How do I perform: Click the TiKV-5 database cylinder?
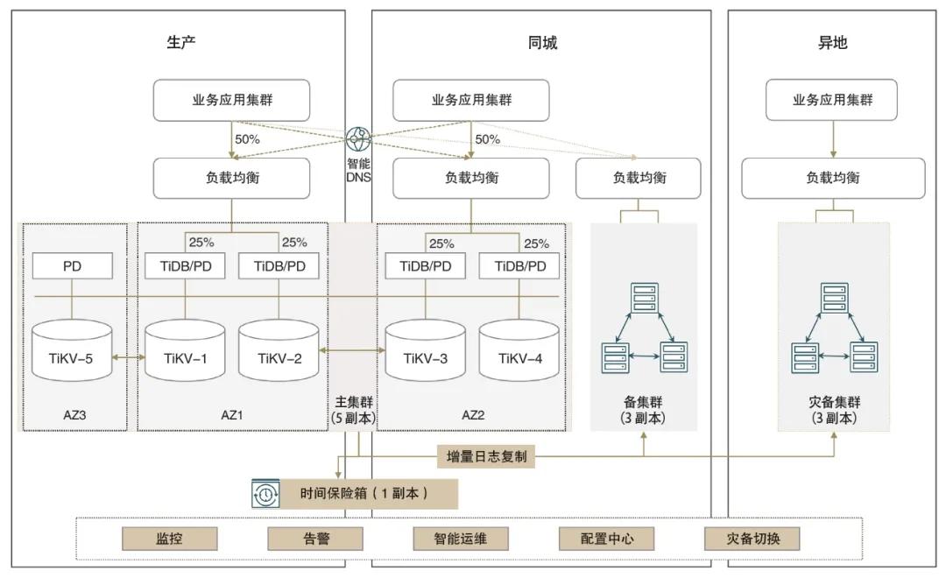[72, 351]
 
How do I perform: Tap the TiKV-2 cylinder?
[279, 351]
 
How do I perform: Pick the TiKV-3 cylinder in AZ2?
[426, 351]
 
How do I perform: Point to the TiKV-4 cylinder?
[519, 351]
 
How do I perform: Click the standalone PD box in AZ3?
[72, 266]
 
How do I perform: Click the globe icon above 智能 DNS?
[359, 140]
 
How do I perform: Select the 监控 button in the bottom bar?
[169, 539]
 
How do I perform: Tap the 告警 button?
[314, 539]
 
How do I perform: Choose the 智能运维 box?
[461, 539]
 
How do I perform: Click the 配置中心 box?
[607, 539]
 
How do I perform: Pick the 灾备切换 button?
[752, 539]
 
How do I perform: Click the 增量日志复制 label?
[486, 456]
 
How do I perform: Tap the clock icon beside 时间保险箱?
[265, 494]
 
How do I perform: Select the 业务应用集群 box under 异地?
[832, 100]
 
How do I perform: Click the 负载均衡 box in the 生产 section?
[232, 178]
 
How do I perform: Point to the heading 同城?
[542, 43]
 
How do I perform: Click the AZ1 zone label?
[232, 414]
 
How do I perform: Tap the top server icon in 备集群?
[644, 298]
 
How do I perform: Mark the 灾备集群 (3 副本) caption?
[833, 410]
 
